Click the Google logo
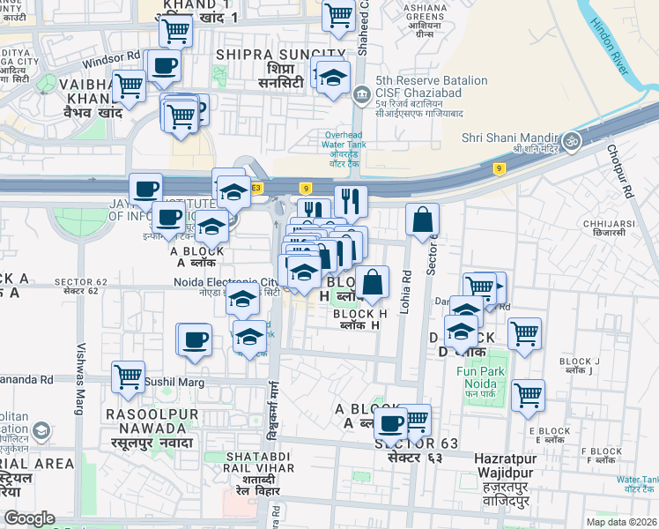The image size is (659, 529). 30,518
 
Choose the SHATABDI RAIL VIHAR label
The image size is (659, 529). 255,462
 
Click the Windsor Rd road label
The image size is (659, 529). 111,58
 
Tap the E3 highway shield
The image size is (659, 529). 256,188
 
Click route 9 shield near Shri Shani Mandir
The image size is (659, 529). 499,168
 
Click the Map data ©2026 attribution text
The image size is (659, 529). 621,522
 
